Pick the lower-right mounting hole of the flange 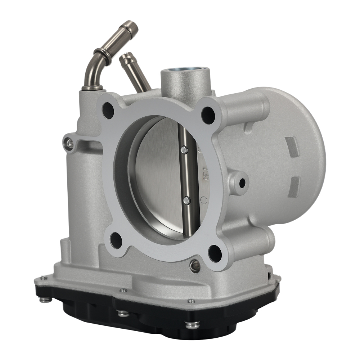215,253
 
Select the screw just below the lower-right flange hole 195,266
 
